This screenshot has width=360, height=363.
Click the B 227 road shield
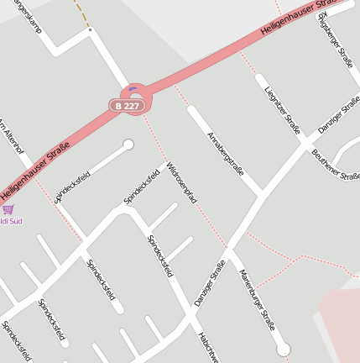coord(132,106)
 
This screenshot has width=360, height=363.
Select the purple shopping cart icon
coord(8,209)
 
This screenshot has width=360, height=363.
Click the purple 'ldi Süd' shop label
coord(12,222)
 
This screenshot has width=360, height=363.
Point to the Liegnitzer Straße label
coord(281,109)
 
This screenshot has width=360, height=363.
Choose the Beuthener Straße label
coord(336,164)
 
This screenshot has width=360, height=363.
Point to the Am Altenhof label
coord(11,135)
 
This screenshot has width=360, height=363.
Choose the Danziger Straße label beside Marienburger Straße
coord(210,282)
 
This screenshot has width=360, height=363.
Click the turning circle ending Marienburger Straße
coord(283,349)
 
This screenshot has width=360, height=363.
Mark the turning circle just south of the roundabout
coord(128,145)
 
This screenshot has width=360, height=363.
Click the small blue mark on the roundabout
coord(133,87)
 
